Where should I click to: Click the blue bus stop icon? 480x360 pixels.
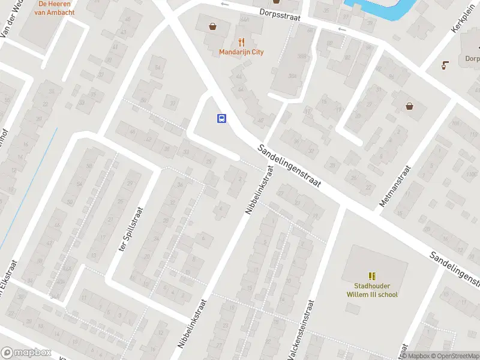tap(221, 118)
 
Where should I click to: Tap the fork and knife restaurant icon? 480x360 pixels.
tap(241, 42)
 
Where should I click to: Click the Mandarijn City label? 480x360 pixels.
tap(241, 52)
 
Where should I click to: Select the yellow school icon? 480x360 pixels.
tap(372, 276)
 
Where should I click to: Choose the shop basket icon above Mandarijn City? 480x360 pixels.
tap(212, 26)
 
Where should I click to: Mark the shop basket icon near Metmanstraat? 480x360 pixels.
tap(410, 106)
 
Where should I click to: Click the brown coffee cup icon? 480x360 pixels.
tap(445, 65)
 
